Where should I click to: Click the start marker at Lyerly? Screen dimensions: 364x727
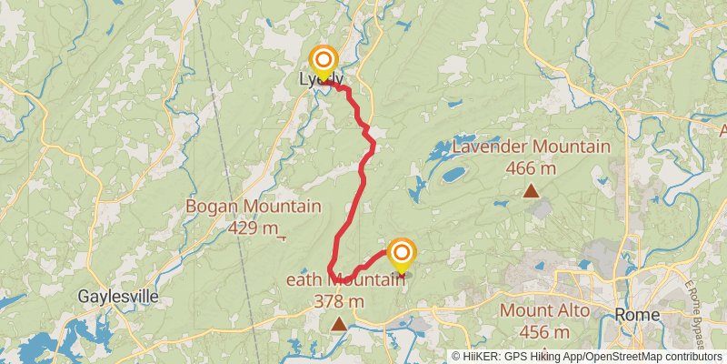tap(323, 62)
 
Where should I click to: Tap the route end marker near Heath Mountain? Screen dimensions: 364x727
tap(401, 252)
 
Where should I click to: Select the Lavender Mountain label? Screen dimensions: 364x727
tap(531, 146)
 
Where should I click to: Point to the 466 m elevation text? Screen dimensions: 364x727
tap(531, 167)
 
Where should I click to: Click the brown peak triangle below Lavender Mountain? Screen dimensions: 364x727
tap(531, 191)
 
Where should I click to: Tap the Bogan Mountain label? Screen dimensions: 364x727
tap(253, 206)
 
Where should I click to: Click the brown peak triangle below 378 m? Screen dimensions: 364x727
tap(339, 323)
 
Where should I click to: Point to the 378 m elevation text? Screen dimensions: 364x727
tap(339, 301)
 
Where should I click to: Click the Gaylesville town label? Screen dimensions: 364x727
tap(118, 297)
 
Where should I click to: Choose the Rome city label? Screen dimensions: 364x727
tap(637, 314)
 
